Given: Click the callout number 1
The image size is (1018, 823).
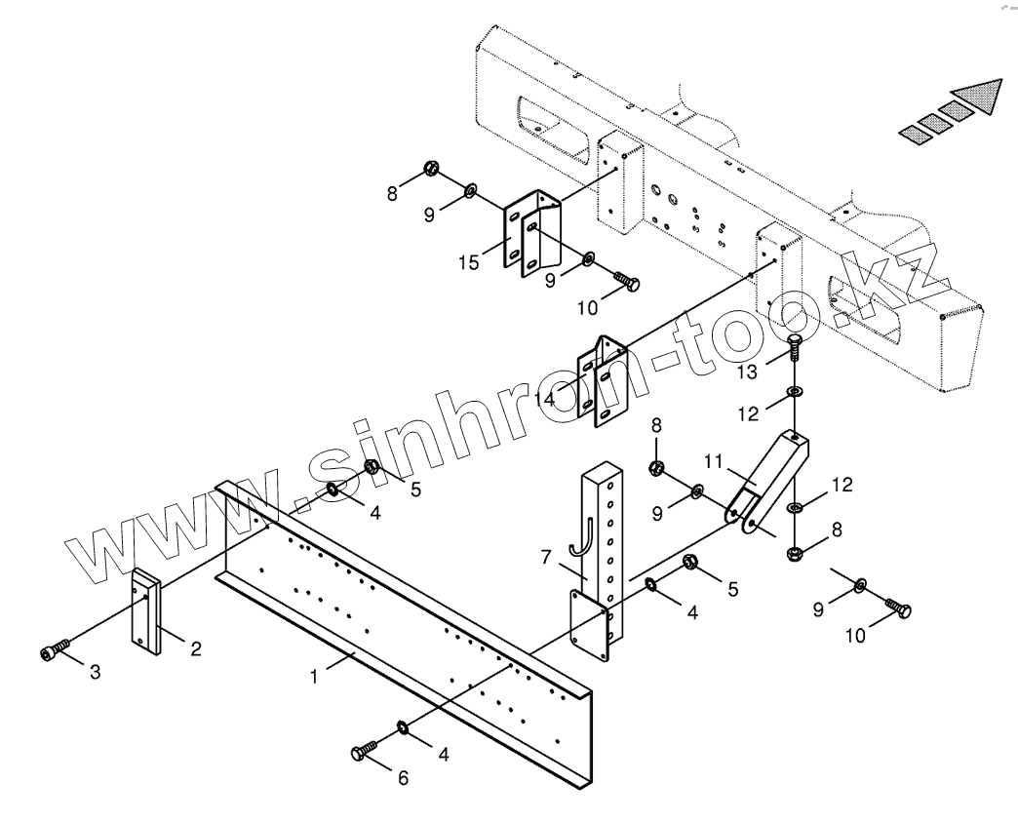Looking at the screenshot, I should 314,675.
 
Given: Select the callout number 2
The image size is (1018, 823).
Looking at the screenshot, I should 196,648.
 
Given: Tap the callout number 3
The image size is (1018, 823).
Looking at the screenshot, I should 95,673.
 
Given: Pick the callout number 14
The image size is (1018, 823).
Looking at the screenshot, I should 543,398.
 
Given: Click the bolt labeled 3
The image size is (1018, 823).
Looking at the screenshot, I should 54,651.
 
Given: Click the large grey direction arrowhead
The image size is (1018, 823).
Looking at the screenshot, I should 979,96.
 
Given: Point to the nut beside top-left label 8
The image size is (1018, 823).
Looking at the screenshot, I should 430,170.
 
